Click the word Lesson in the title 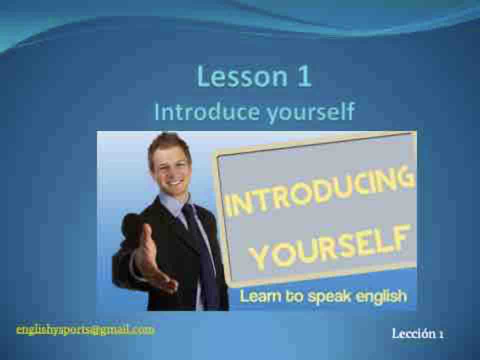[x=242, y=76]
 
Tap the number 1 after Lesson [x=304, y=76]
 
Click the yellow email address [x=85, y=330]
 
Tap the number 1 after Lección [x=441, y=334]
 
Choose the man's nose [x=173, y=171]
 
